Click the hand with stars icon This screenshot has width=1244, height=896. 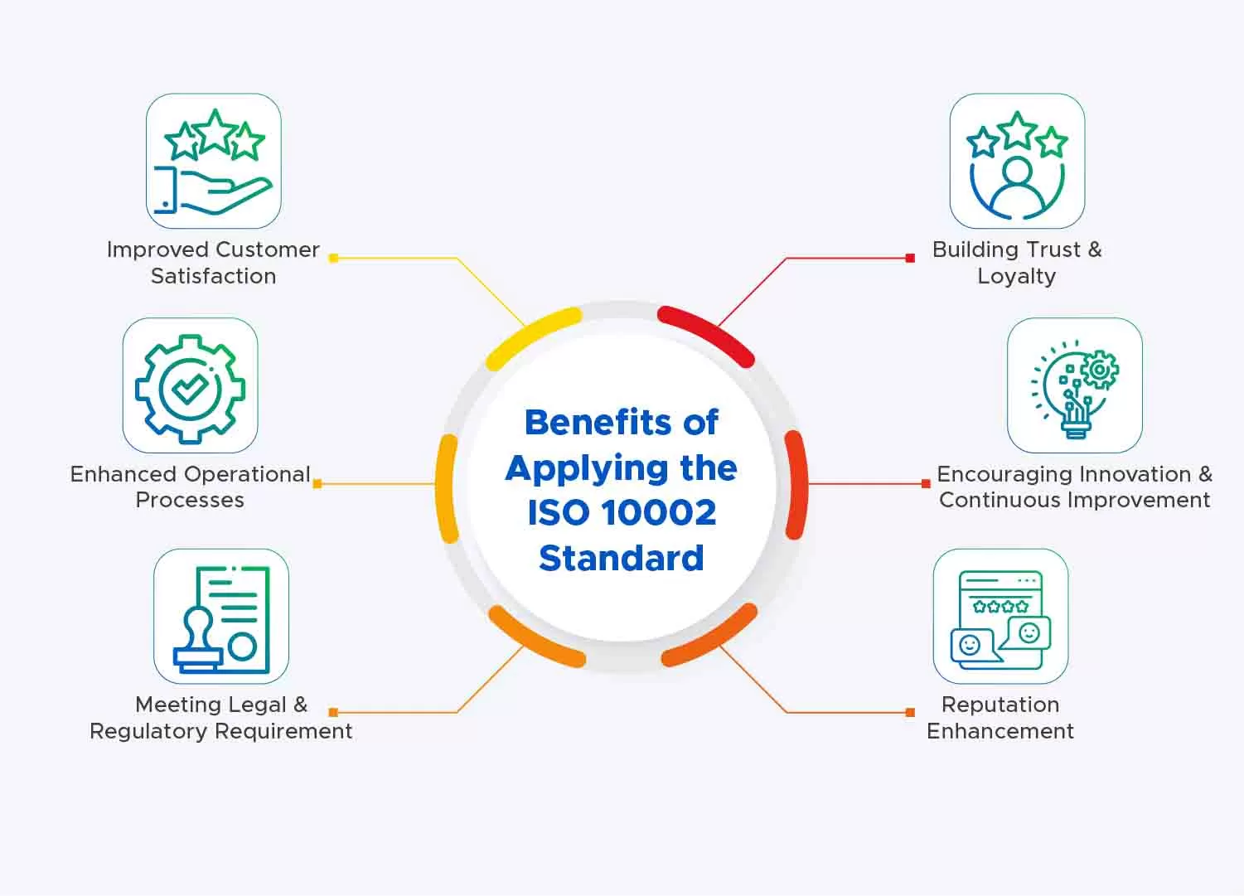click(x=214, y=161)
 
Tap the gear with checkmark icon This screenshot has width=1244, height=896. click(x=190, y=388)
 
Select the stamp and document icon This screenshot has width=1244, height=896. click(x=221, y=619)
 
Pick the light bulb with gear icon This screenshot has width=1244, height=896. click(x=1075, y=389)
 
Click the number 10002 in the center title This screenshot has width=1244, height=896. click(x=661, y=512)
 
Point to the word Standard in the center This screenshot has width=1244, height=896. click(x=622, y=558)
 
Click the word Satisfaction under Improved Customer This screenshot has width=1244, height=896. click(x=214, y=276)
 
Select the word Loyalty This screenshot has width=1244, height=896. click(x=1016, y=277)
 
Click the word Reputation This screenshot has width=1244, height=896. click(x=1001, y=705)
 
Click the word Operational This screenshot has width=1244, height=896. click(x=247, y=475)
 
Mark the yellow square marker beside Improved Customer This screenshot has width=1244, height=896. click(x=334, y=258)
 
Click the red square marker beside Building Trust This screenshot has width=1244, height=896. click(x=910, y=258)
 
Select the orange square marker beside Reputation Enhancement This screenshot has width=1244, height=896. click(x=910, y=712)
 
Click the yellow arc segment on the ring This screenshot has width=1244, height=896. click(x=530, y=334)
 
